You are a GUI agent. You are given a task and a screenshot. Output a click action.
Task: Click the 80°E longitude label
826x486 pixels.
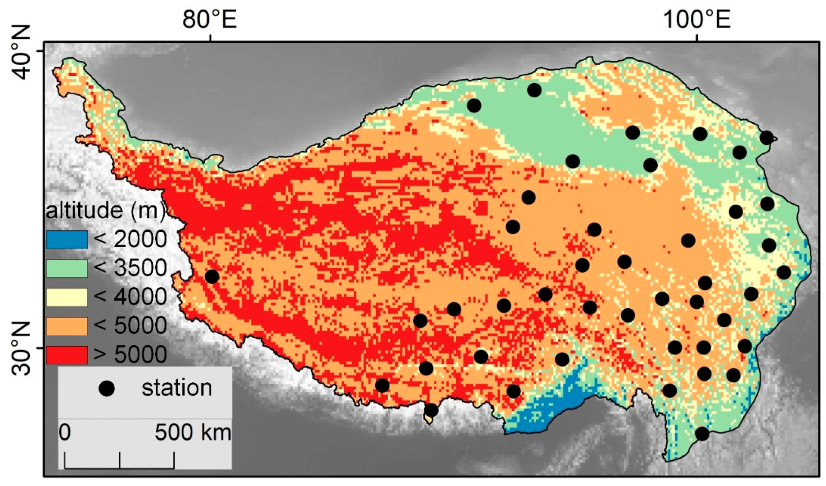click(209, 20)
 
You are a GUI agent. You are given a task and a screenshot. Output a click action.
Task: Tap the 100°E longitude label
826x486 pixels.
click(697, 20)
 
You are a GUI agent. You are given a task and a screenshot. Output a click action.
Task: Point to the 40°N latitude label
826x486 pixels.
click(20, 52)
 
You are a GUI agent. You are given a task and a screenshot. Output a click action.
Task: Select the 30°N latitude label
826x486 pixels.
click(20, 349)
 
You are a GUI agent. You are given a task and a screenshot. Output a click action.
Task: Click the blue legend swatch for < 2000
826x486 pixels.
click(67, 239)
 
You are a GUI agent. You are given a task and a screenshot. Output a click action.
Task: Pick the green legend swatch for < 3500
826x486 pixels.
click(67, 268)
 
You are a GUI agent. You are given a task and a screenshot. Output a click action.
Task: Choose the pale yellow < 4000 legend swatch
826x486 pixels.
click(67, 297)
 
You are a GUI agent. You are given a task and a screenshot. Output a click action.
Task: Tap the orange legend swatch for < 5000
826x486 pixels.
click(67, 326)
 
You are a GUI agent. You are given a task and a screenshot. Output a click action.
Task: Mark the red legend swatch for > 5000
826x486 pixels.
click(67, 355)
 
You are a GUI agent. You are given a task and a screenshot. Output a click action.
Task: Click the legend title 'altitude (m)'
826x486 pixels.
click(106, 211)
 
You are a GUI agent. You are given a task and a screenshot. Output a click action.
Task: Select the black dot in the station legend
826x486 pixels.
click(107, 388)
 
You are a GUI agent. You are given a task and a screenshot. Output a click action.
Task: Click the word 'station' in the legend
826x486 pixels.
click(177, 388)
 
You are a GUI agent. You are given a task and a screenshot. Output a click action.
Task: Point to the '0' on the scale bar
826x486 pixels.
click(65, 432)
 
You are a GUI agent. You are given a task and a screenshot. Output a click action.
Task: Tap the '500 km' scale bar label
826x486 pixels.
click(193, 432)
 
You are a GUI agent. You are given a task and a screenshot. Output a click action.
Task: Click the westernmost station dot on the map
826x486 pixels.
click(212, 276)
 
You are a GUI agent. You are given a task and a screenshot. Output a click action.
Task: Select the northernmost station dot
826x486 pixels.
click(534, 90)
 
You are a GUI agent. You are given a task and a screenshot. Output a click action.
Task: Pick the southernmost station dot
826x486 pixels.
click(702, 434)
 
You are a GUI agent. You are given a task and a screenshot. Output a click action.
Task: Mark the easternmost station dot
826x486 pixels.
click(784, 272)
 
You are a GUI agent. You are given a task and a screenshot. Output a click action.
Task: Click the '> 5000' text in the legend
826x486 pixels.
click(130, 355)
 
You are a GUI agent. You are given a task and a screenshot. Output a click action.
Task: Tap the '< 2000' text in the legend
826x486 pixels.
click(130, 239)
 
